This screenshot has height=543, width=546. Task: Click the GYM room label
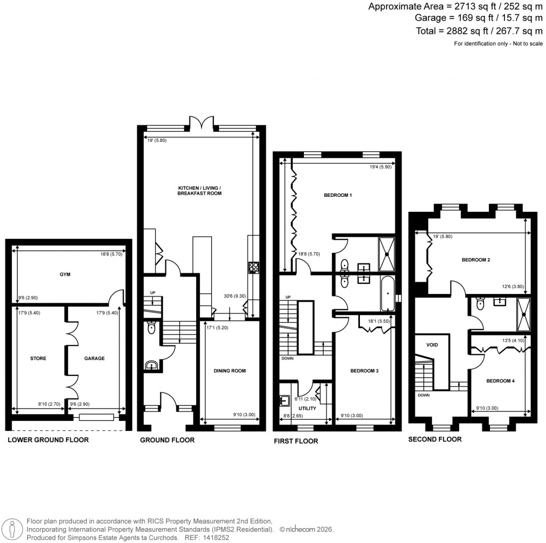coord(66,274)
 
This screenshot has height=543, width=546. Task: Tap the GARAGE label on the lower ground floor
coord(94,358)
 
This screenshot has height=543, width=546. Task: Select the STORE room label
coord(38,358)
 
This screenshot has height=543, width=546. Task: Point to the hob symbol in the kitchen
coord(253,268)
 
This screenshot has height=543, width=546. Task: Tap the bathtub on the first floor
coord(388,294)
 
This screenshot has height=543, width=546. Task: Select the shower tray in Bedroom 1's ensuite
coord(387,254)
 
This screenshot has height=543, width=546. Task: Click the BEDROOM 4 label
coord(500,381)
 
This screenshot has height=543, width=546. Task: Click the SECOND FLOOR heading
coord(435,439)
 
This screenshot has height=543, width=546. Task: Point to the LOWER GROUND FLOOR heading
coord(48,440)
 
